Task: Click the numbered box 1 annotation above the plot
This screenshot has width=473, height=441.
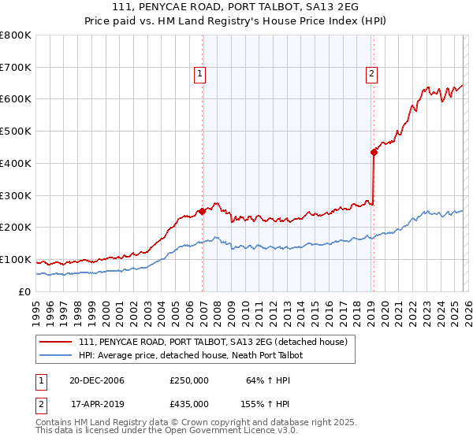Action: tap(199, 75)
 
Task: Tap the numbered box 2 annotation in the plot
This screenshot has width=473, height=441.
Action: tap(371, 75)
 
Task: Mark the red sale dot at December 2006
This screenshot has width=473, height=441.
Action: tap(203, 211)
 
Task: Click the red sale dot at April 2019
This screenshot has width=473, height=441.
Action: tap(374, 152)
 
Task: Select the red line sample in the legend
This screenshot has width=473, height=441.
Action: tap(57, 342)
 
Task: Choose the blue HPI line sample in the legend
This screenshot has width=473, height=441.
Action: tap(57, 355)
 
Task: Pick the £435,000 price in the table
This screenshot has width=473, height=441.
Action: tap(189, 403)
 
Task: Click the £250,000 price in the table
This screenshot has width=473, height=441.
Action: tap(189, 380)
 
